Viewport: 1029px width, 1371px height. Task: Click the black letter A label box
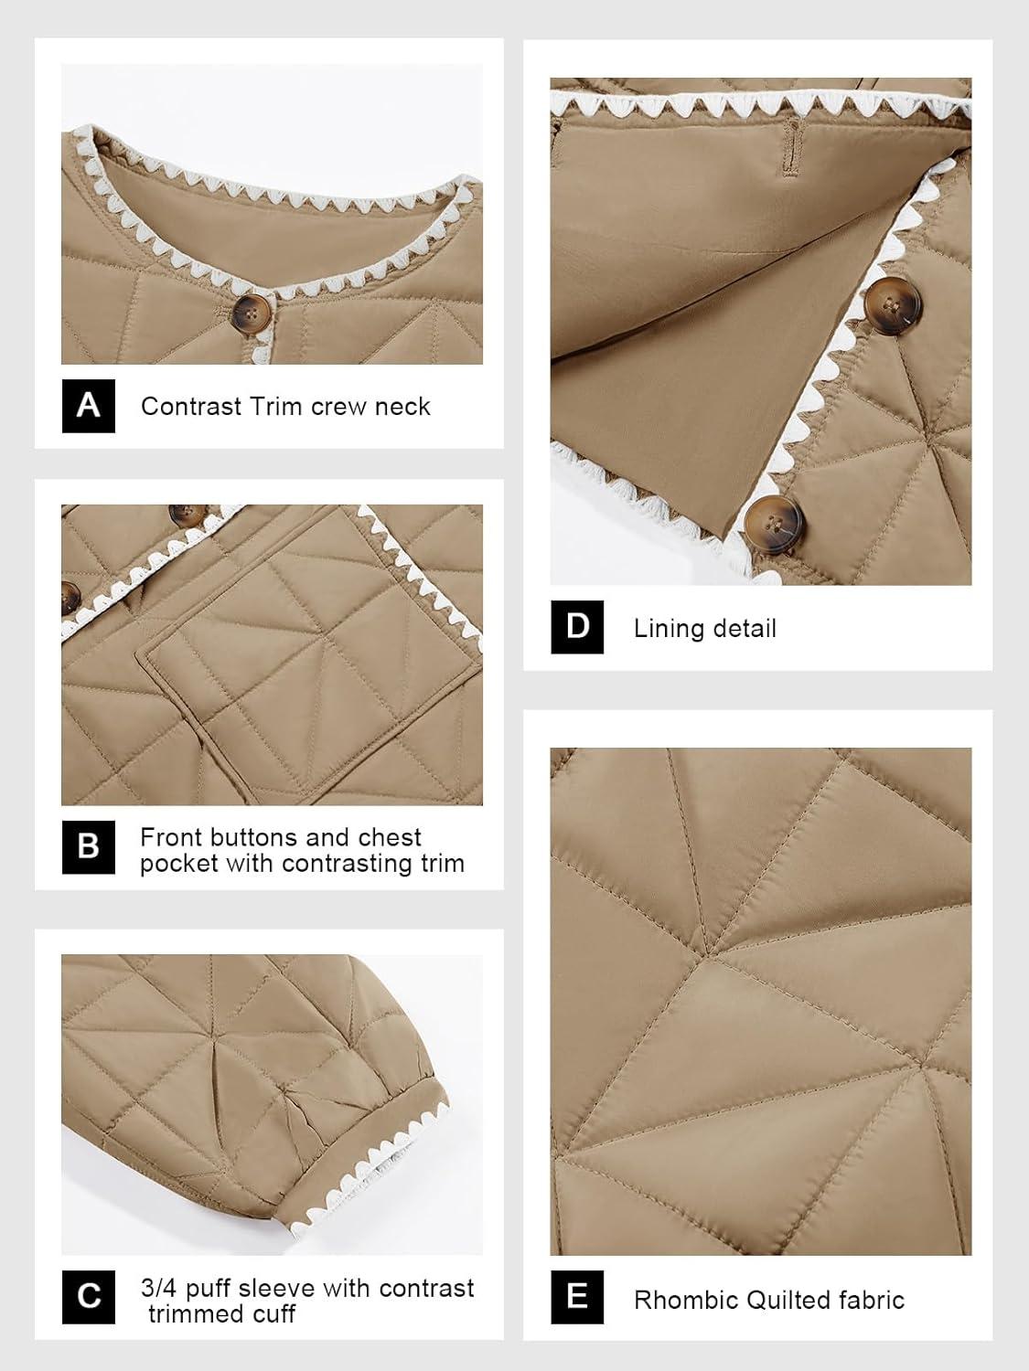pos(88,406)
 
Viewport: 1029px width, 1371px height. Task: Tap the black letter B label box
pos(88,847)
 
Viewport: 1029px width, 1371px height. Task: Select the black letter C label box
pos(88,1297)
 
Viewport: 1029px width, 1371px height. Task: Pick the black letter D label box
pos(576,626)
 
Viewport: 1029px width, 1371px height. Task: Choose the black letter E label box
pos(576,1297)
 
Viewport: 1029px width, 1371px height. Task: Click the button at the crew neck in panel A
pos(252,313)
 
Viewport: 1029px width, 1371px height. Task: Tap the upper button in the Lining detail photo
pos(892,306)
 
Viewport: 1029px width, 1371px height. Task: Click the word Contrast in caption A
pos(191,406)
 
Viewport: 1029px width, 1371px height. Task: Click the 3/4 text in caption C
pos(158,1289)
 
